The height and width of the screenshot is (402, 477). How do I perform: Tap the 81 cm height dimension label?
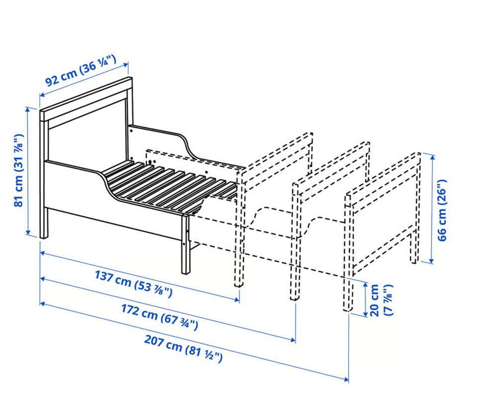coord(18,170)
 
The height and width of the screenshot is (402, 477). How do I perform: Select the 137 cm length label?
coord(134,284)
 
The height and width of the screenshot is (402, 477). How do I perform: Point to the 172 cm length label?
coord(159,317)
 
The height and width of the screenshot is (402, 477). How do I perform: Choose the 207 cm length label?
coord(183,349)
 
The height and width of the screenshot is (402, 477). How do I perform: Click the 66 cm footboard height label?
coord(442,210)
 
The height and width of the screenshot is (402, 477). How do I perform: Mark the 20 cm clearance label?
coord(381,300)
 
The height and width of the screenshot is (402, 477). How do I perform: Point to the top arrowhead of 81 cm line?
coord(28,109)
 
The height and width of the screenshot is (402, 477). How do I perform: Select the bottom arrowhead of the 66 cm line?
coord(431,260)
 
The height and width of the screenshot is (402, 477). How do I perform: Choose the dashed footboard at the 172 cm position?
coord(331,221)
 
